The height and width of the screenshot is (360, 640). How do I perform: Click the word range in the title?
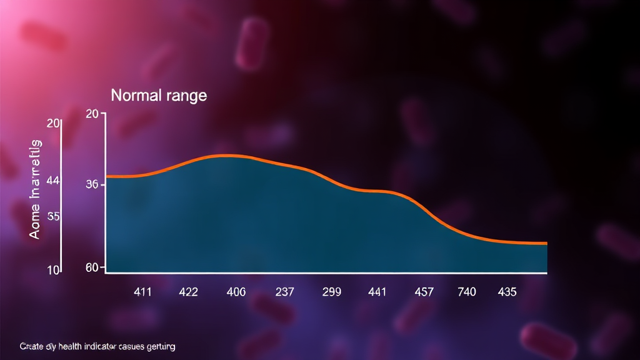tap(184, 97)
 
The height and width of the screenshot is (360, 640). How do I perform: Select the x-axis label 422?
tap(188, 292)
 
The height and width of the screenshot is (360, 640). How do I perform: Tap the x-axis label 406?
tap(236, 292)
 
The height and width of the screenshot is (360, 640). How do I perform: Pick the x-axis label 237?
tap(284, 292)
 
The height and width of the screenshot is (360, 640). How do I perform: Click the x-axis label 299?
tap(331, 292)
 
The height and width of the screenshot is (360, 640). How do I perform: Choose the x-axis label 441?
tap(377, 292)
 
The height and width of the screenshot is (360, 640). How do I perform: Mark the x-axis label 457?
tap(424, 292)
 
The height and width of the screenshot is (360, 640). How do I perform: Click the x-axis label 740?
tap(466, 292)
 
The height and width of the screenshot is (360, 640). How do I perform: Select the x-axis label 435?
tap(507, 292)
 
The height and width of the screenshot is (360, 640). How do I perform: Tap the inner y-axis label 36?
tap(92, 185)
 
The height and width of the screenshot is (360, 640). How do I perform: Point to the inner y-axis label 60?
tap(92, 268)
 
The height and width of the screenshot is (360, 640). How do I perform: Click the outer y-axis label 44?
tap(53, 181)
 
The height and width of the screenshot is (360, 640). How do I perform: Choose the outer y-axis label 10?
tap(53, 270)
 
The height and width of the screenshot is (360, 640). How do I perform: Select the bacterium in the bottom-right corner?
tap(549, 341)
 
